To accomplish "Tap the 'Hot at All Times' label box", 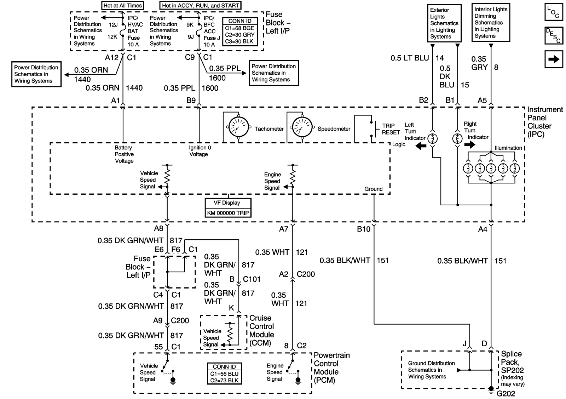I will click(122, 5).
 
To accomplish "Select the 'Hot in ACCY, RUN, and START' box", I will click(200, 5).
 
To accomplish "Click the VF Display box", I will click(228, 203).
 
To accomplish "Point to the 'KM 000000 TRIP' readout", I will click(228, 213).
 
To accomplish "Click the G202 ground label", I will click(506, 394).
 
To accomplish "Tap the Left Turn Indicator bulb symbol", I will click(432, 138).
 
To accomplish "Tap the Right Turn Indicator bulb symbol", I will click(457, 138).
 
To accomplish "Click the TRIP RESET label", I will click(391, 129).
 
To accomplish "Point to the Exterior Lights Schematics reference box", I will click(444, 23).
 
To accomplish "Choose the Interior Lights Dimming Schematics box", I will click(491, 23).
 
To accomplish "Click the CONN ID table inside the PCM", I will click(224, 374).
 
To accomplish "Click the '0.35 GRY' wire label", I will click(479, 63).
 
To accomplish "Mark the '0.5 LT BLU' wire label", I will click(410, 58).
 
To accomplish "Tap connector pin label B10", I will click(363, 229).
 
